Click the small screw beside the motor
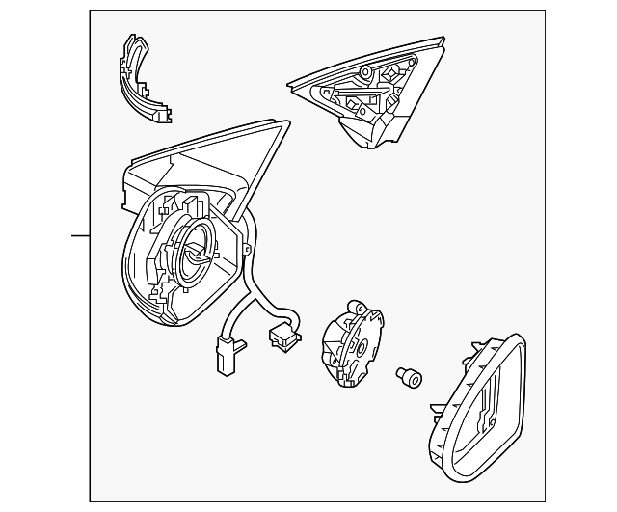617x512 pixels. coord(408,378)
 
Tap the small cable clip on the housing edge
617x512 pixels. coord(248,249)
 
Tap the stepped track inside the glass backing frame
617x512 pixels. coord(487,405)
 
